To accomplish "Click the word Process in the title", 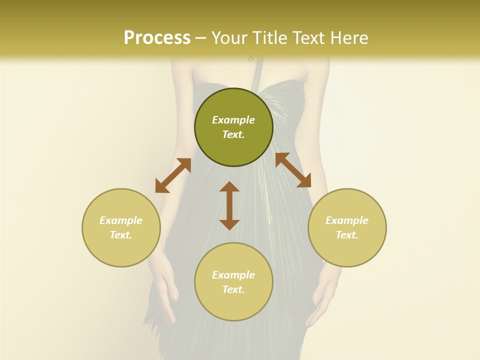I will [x=157, y=37].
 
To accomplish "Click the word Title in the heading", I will [x=270, y=37].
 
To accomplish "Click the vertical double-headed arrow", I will [x=229, y=205].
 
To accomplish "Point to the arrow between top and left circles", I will [x=173, y=175].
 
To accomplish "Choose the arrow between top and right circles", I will [x=293, y=170].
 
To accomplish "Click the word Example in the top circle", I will [x=233, y=120].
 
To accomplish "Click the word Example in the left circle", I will [x=121, y=220].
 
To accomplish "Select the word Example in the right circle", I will [x=347, y=220].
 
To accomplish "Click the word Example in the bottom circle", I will [x=233, y=275].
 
